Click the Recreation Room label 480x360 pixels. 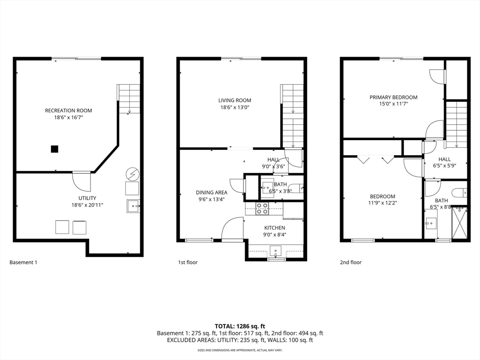pos(68,111)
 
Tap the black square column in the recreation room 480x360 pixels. pos(54,149)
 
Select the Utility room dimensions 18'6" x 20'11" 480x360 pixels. pos(87,205)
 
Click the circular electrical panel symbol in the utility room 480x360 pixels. pos(133,174)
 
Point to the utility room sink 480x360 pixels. pos(133,206)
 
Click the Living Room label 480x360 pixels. pos(235,100)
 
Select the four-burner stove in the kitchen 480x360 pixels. pos(262,208)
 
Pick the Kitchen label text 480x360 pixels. pos(275,228)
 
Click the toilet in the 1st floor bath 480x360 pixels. pos(297,188)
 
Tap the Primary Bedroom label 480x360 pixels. pos(393,97)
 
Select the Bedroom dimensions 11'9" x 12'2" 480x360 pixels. pos(382,202)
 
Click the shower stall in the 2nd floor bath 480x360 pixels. pos(460,223)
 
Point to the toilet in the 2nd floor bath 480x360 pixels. pos(460,193)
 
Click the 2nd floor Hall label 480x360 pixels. pos(444,159)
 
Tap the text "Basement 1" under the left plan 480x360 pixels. pos(23,262)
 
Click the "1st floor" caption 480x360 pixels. pos(188,262)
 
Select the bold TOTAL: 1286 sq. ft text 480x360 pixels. pos(240,326)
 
